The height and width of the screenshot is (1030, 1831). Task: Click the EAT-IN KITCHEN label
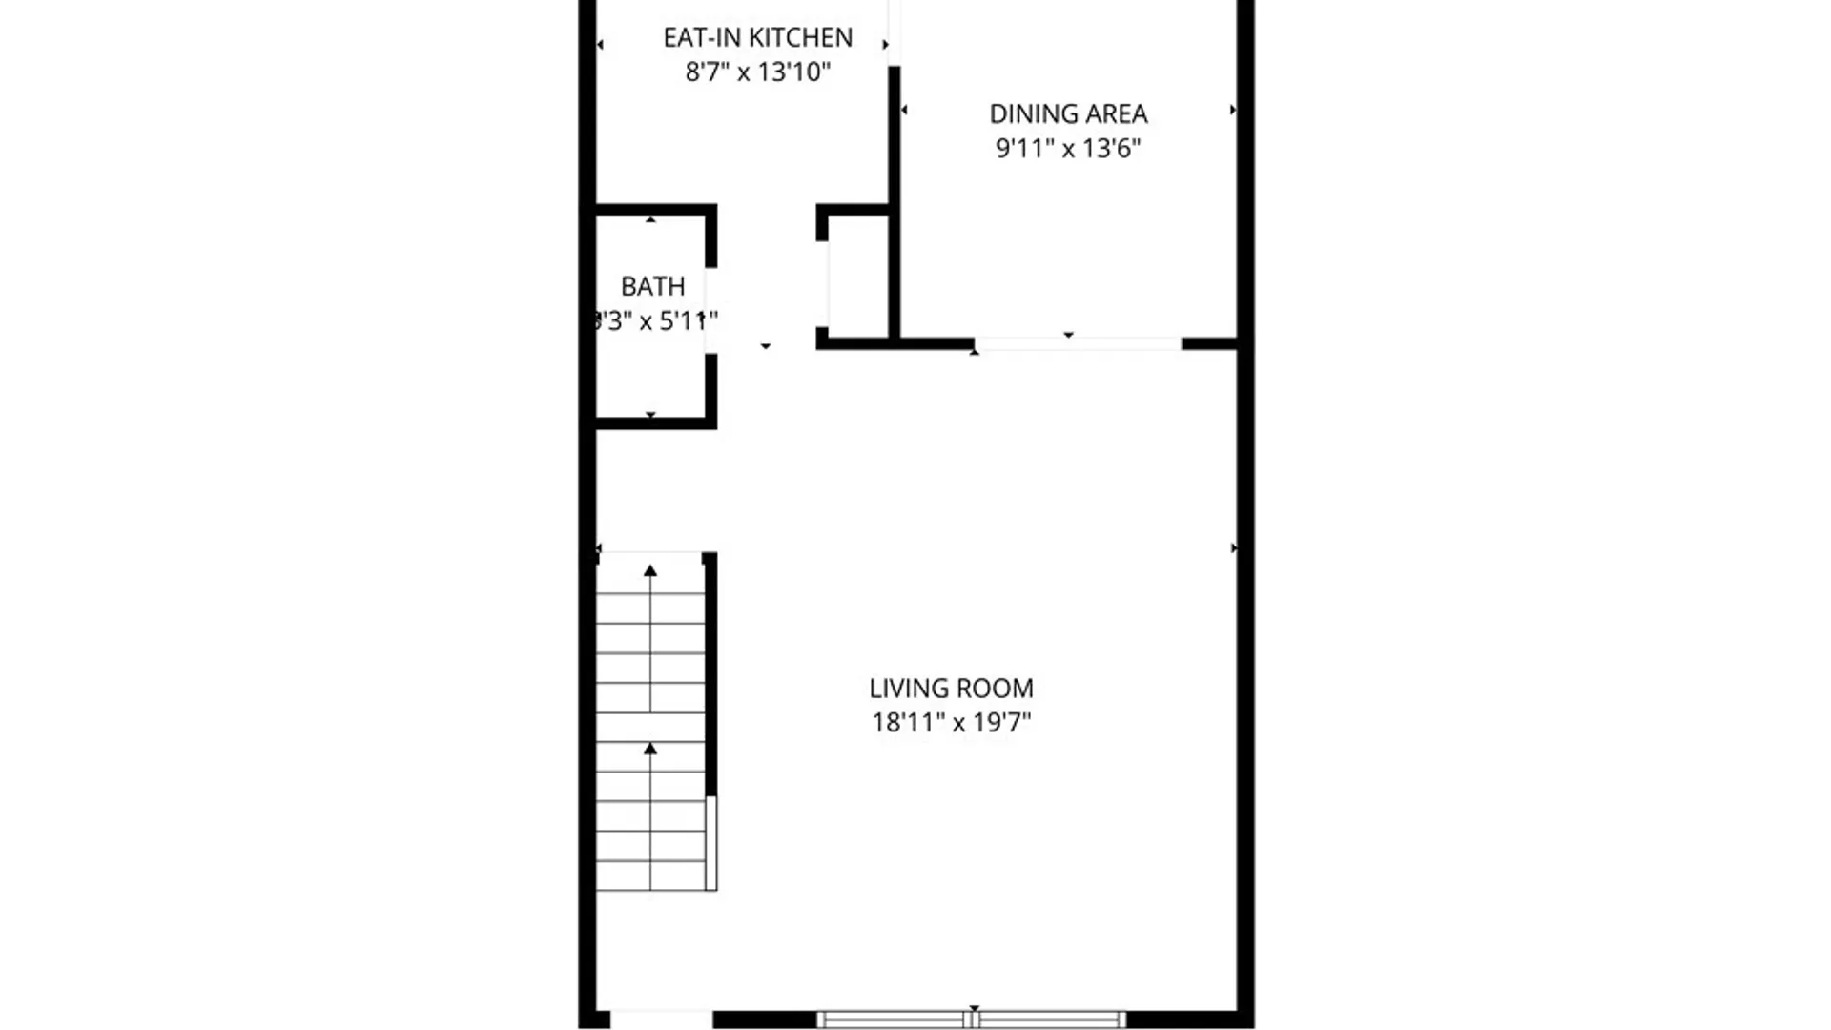758,37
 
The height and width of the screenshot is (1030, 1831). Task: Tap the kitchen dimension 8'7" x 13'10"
758,72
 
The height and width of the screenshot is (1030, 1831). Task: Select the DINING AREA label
1068,113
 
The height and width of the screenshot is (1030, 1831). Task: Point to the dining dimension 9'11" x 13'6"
1068,148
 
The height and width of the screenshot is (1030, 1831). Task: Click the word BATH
653,286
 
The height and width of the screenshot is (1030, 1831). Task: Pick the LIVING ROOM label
951,688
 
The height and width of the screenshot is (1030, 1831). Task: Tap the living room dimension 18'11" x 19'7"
951,722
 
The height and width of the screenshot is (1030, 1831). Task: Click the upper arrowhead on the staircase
650,570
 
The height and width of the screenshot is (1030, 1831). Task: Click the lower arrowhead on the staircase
650,749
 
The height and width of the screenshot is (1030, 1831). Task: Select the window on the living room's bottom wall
972,1020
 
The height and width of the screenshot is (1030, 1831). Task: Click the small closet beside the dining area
858,277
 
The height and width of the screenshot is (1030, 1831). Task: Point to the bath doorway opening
710,310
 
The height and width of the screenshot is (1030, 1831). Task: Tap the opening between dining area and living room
1078,343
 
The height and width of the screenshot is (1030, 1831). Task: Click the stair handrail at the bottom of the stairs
711,843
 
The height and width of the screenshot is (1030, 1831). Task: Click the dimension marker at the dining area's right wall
1232,111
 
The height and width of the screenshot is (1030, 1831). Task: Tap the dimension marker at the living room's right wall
1234,548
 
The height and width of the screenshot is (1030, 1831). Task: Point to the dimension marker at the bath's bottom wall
650,415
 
